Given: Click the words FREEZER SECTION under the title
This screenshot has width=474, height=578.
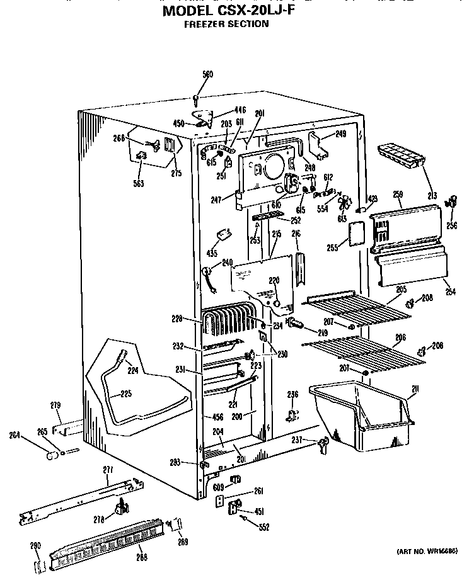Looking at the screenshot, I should pos(226,25).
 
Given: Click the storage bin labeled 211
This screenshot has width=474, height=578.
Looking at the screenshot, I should pos(359,416).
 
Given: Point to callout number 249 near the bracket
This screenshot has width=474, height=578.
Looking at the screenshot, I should pos(340,133).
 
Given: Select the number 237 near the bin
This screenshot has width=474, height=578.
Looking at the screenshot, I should pos(297,439).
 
